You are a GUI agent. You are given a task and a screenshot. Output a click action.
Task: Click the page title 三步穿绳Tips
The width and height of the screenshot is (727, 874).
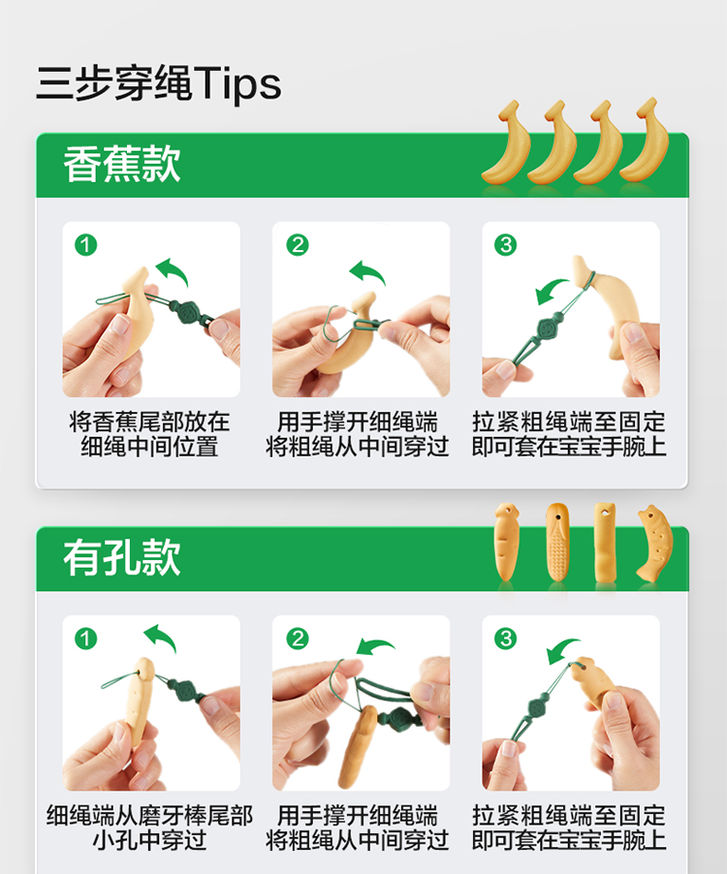pos(159,83)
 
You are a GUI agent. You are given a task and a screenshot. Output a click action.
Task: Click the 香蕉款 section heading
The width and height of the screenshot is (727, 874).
pos(121,164)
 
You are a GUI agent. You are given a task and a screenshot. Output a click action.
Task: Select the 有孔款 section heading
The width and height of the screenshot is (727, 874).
pos(121,557)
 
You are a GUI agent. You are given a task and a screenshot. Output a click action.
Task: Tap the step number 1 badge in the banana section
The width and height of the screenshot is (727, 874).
pos(86,245)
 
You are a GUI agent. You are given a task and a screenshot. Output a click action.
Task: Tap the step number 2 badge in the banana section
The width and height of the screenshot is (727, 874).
pos(298,245)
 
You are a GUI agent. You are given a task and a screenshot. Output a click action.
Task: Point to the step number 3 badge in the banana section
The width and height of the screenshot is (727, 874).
pos(506,245)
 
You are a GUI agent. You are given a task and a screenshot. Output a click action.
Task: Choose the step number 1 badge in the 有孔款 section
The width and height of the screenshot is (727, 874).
pos(86,639)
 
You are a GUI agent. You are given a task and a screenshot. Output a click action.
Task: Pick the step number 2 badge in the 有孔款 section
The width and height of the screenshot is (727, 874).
pos(298,639)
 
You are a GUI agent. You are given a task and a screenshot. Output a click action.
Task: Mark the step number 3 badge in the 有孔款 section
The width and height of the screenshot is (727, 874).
pos(506,639)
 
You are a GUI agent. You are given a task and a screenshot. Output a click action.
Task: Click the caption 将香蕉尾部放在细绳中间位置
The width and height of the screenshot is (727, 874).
pos(149,434)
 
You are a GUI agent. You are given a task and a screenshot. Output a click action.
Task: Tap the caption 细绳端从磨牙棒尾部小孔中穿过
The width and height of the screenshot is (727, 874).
pos(149,827)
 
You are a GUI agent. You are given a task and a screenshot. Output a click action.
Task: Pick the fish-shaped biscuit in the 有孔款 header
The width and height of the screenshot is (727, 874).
pos(655,544)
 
